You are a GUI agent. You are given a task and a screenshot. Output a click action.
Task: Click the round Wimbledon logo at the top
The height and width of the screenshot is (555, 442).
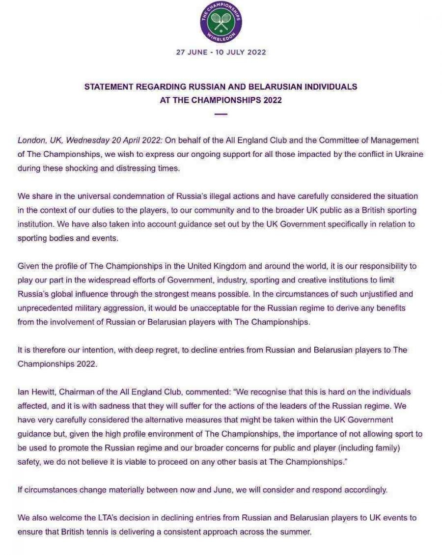221,22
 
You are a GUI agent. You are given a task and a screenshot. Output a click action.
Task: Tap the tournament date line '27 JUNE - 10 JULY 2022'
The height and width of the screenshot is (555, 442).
221,53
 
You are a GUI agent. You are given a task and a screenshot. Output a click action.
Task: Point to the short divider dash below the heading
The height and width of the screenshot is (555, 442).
221,114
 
